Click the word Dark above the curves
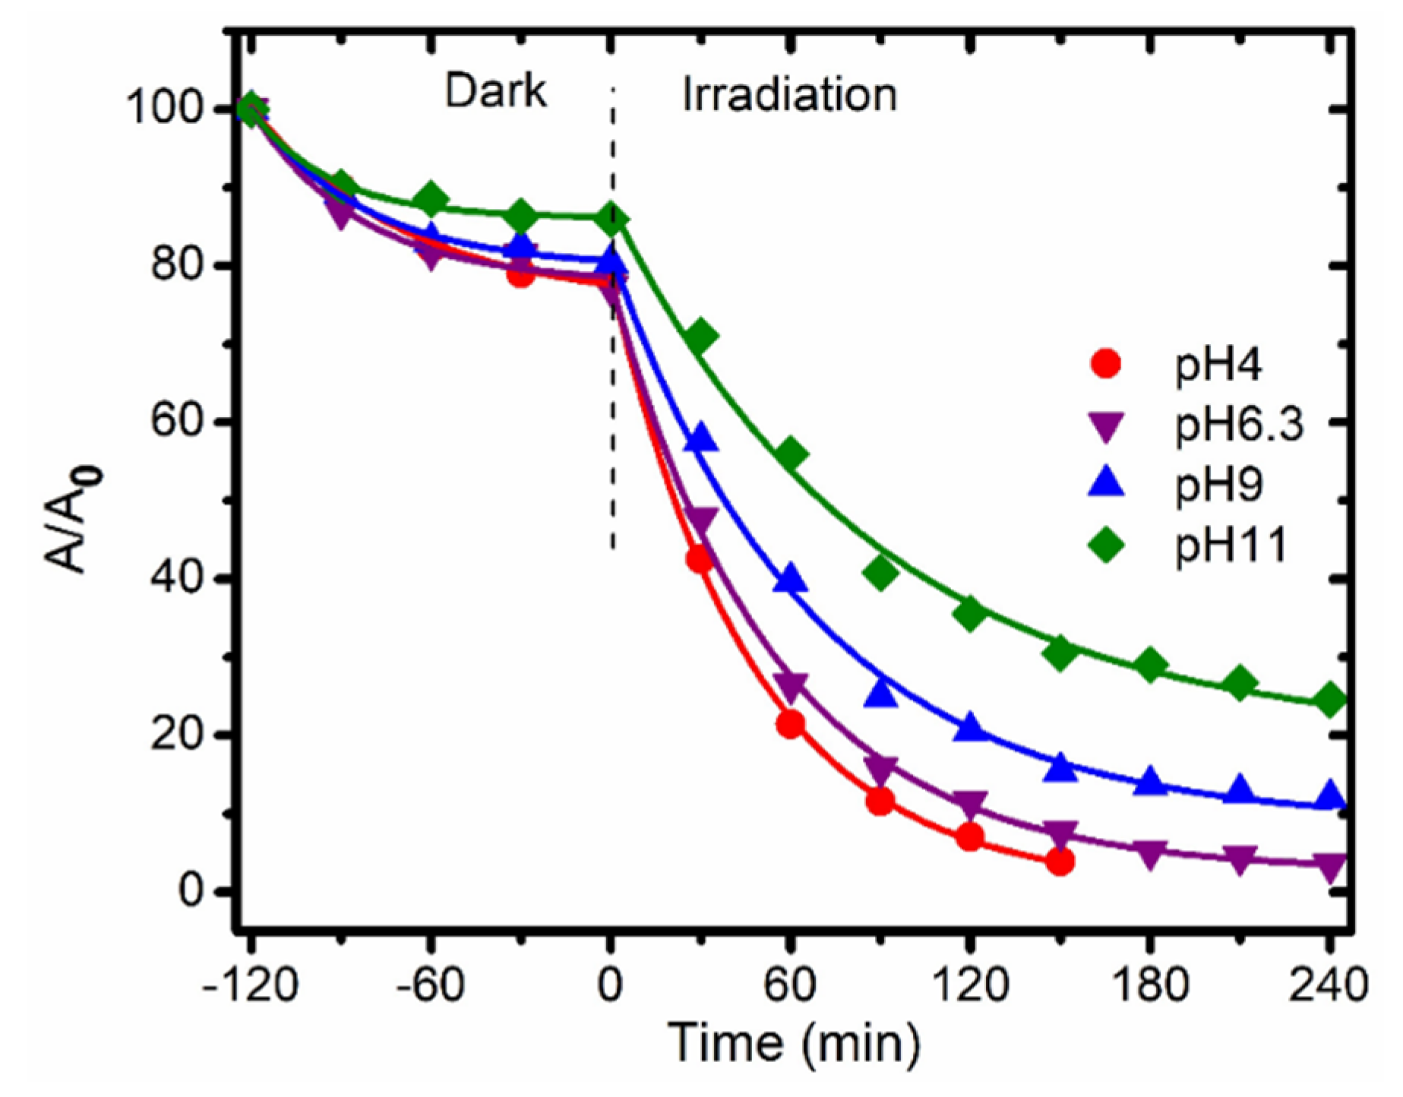click(495, 93)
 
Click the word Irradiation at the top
click(788, 96)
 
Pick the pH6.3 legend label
click(1239, 425)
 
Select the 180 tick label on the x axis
click(1149, 985)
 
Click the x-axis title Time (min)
click(794, 1043)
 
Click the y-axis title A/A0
click(73, 522)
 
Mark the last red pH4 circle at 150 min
click(1060, 861)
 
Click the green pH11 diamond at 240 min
click(1329, 700)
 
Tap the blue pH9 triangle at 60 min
click(791, 580)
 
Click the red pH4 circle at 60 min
click(790, 725)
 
